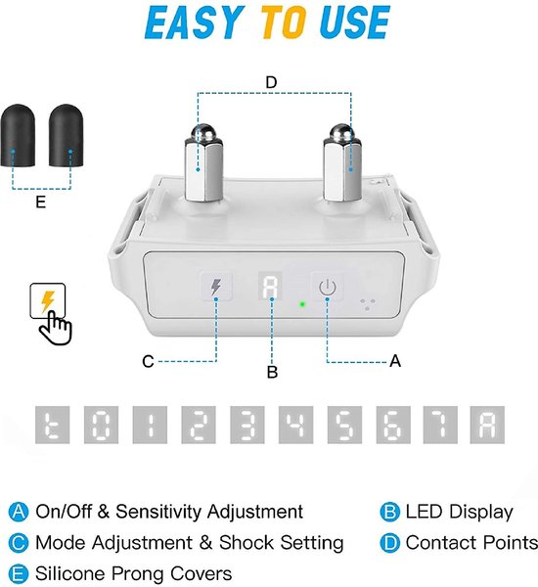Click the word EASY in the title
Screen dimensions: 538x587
point(192,23)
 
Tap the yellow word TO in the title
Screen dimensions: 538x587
point(284,23)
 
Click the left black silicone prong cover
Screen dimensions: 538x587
point(18,136)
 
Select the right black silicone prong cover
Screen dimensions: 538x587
point(66,136)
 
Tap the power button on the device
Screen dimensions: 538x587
point(328,287)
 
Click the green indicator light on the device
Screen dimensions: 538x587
point(302,304)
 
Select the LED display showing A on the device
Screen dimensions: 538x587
point(270,287)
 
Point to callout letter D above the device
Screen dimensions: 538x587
point(271,82)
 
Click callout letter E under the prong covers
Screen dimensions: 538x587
point(40,203)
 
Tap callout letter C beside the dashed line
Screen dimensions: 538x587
point(148,362)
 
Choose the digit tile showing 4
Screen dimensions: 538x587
point(295,425)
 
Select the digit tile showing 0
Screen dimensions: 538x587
point(101,425)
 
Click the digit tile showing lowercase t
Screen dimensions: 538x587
point(53,425)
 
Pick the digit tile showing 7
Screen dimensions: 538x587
point(440,425)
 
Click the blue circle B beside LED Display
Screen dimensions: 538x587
point(389,512)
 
